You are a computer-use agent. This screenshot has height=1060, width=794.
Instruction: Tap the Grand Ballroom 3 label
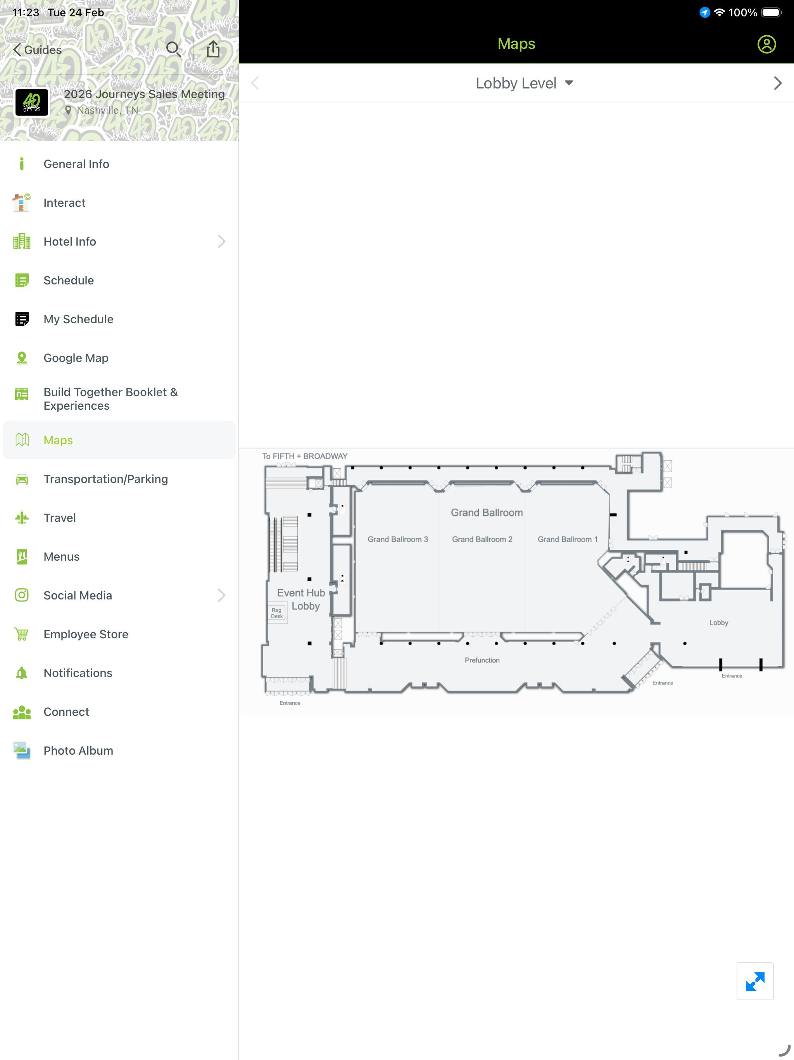(397, 539)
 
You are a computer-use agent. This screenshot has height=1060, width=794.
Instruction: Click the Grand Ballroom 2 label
(482, 539)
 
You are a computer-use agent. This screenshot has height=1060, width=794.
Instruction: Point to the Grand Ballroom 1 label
(568, 539)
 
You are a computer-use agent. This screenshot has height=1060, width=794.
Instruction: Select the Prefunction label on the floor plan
(482, 660)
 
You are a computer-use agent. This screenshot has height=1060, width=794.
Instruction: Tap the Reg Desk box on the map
(277, 613)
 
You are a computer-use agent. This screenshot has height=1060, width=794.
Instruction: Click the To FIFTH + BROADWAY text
(305, 456)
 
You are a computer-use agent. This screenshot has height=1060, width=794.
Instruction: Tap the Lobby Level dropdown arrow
(569, 83)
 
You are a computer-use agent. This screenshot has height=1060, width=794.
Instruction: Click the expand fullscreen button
(755, 981)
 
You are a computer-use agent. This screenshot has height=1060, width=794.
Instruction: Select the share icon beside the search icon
(213, 49)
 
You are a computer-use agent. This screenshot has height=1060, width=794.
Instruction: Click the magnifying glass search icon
(173, 49)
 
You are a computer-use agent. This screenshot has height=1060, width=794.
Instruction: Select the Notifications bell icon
(22, 673)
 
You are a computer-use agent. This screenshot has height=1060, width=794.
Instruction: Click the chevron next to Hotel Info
(221, 241)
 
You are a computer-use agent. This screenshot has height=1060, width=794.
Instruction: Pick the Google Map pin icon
(22, 358)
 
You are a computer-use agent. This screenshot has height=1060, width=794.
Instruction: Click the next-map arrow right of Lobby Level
(777, 83)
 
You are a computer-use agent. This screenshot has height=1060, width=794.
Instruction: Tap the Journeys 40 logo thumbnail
(32, 102)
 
